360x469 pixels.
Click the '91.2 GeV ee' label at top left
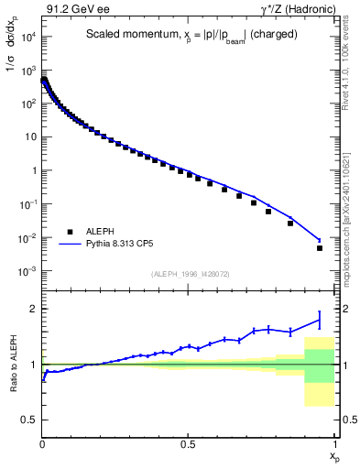click(78, 10)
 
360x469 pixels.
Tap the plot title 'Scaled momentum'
click(121, 35)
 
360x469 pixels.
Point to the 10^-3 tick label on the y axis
click(26, 272)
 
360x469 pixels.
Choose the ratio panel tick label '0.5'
click(28, 420)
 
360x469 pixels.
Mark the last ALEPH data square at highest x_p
click(320, 247)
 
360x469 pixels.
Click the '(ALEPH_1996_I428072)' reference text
click(190, 275)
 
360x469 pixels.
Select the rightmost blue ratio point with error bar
click(320, 319)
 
